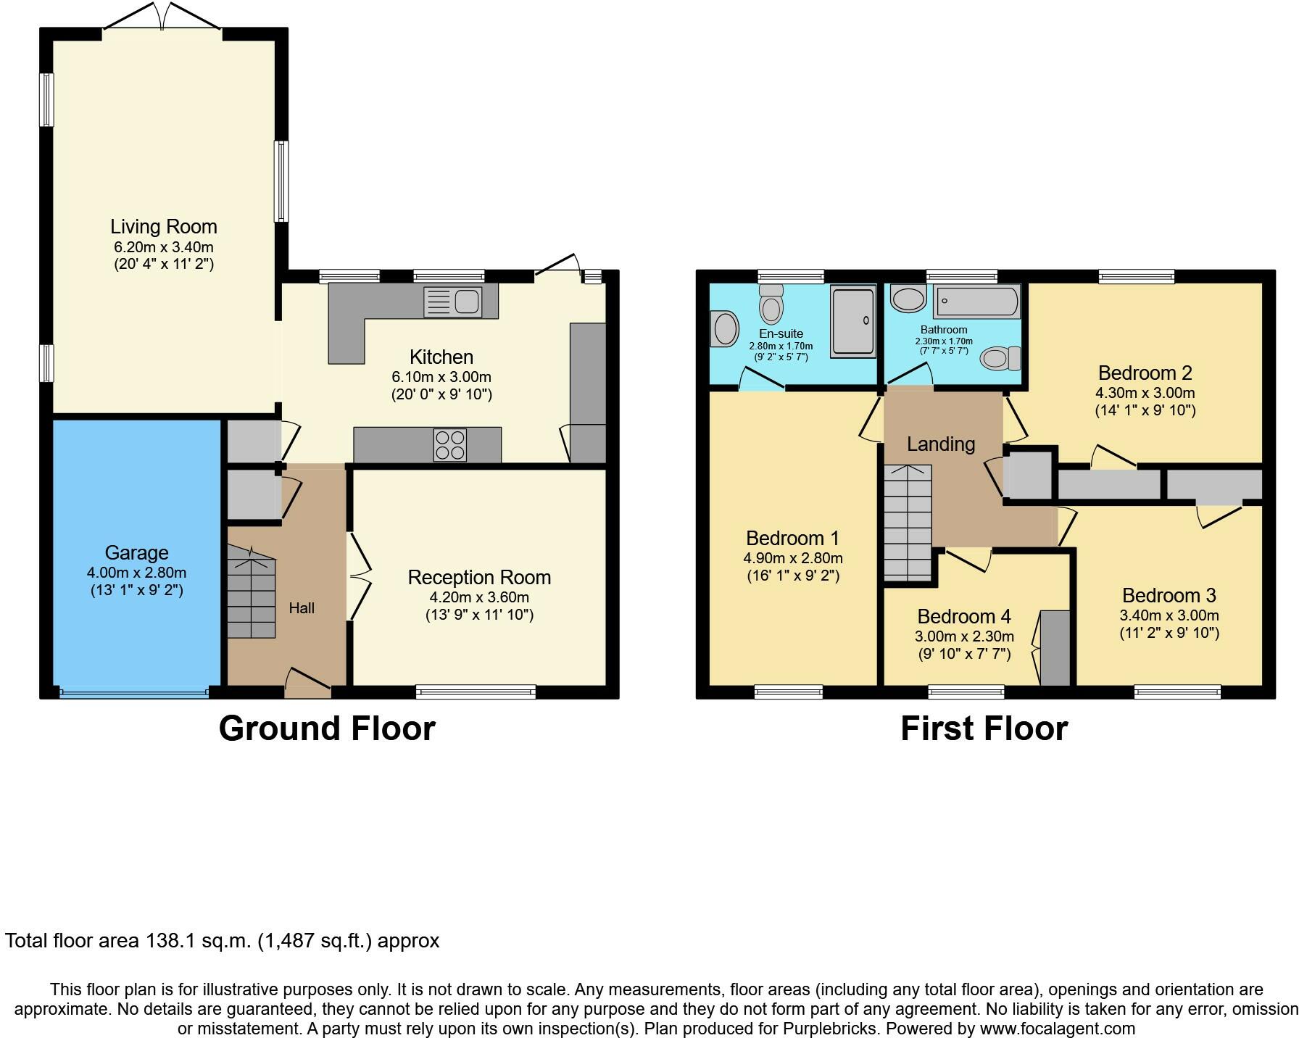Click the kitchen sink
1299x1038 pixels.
click(x=453, y=302)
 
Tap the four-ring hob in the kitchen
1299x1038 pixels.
click(x=449, y=444)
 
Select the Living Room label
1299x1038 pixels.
click(x=164, y=227)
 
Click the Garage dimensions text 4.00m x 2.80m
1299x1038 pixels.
click(x=136, y=573)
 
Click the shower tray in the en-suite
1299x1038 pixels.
click(x=853, y=322)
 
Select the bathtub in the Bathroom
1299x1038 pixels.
click(x=976, y=302)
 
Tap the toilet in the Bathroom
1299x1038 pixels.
click(x=1000, y=358)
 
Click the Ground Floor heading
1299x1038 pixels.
click(x=327, y=728)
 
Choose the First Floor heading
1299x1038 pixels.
click(x=984, y=728)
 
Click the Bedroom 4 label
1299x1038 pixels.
click(x=964, y=616)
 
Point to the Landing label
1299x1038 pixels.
click(x=941, y=444)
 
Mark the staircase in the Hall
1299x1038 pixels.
click(x=252, y=591)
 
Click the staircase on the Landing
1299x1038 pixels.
click(x=908, y=522)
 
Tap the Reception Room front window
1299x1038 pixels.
click(x=476, y=692)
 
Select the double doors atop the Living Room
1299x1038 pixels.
click(x=162, y=17)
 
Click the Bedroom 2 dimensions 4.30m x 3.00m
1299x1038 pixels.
click(x=1145, y=393)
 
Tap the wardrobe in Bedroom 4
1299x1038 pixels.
click(x=1055, y=647)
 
